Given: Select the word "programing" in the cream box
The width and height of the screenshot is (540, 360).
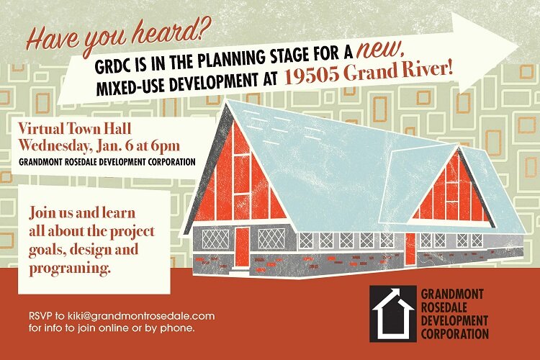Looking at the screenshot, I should click(68, 269).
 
